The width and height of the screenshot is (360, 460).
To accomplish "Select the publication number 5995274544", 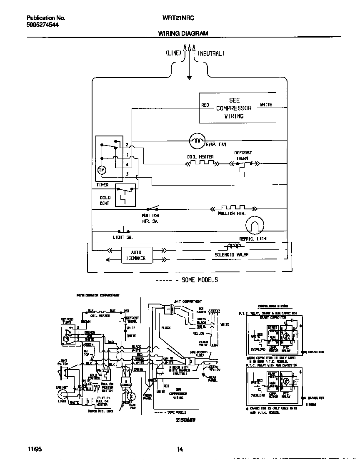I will [x=42, y=25].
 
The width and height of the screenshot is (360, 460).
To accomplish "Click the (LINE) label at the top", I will [x=173, y=53].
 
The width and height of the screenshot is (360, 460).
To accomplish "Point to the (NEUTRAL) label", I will [x=211, y=53].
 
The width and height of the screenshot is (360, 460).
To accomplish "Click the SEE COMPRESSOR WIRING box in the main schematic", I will [x=237, y=108].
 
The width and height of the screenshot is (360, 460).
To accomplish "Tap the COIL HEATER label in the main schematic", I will [x=200, y=157].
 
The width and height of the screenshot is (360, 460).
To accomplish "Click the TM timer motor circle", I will [x=101, y=170].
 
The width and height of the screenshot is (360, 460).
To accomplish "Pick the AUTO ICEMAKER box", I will [x=136, y=255].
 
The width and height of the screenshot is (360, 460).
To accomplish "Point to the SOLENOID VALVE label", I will [x=232, y=254].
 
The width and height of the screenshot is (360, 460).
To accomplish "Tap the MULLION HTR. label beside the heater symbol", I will [x=232, y=214].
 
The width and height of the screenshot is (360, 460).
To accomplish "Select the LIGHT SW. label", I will [x=122, y=237].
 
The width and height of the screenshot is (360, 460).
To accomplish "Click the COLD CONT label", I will [x=105, y=201].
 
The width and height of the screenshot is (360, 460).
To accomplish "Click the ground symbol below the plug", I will [x=189, y=77].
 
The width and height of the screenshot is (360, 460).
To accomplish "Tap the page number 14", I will [x=180, y=449].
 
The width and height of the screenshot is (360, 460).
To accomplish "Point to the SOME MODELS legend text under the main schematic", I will [x=200, y=280].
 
